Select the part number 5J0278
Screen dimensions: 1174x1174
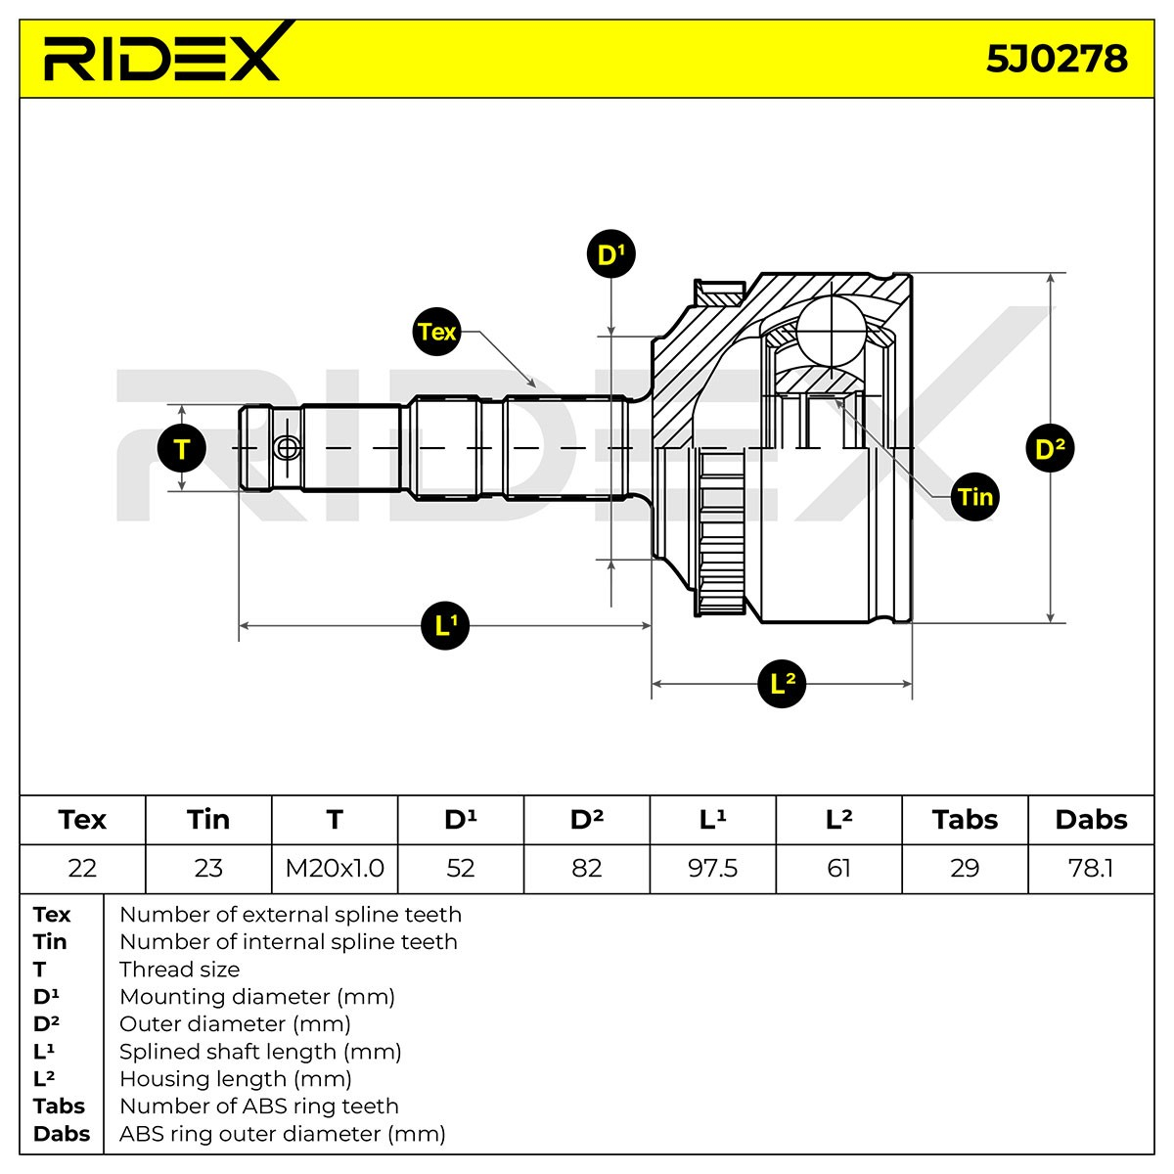(x=1057, y=59)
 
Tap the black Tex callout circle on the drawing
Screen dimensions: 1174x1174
(x=436, y=332)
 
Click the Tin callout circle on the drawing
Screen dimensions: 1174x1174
(x=975, y=497)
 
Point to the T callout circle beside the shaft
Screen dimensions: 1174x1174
(x=182, y=448)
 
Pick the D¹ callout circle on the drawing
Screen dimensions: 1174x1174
(x=611, y=254)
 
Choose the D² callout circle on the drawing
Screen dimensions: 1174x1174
(x=1051, y=448)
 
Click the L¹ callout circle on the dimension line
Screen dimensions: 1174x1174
(x=445, y=626)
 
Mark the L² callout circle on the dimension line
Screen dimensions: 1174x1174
(x=782, y=684)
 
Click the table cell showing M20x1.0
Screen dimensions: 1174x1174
(x=335, y=868)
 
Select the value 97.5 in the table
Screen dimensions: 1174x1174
(x=713, y=868)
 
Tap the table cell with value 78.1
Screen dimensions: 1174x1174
(x=1091, y=868)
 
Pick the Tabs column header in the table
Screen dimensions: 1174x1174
(x=965, y=820)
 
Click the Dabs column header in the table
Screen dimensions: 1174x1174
(x=1091, y=820)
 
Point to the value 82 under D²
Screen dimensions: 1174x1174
(x=587, y=868)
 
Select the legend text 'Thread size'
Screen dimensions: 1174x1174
(x=180, y=970)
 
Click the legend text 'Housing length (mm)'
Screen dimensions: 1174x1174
(x=236, y=1079)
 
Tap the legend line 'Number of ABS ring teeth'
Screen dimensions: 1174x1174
(x=259, y=1106)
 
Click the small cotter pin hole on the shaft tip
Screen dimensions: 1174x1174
(x=287, y=448)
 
